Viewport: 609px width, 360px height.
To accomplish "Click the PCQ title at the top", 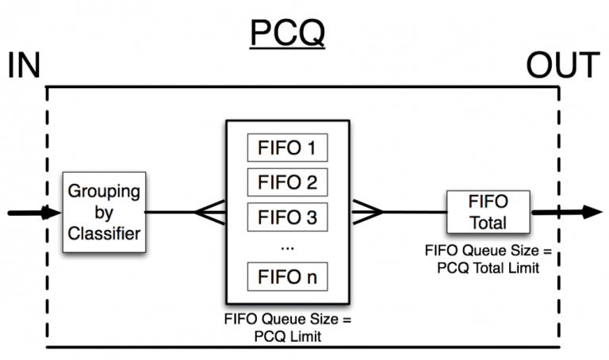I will [287, 33].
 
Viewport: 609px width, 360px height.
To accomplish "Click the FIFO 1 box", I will [287, 148].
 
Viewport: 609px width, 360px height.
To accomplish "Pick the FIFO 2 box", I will [287, 181].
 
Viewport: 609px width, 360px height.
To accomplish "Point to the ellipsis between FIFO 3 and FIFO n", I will [287, 247].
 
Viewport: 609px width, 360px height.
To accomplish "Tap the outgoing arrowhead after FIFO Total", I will [592, 212].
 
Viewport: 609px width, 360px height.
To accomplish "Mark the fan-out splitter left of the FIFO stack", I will [210, 212].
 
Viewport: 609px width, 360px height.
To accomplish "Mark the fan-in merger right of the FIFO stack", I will [366, 212].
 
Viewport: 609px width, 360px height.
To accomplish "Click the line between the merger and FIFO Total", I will [414, 212].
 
